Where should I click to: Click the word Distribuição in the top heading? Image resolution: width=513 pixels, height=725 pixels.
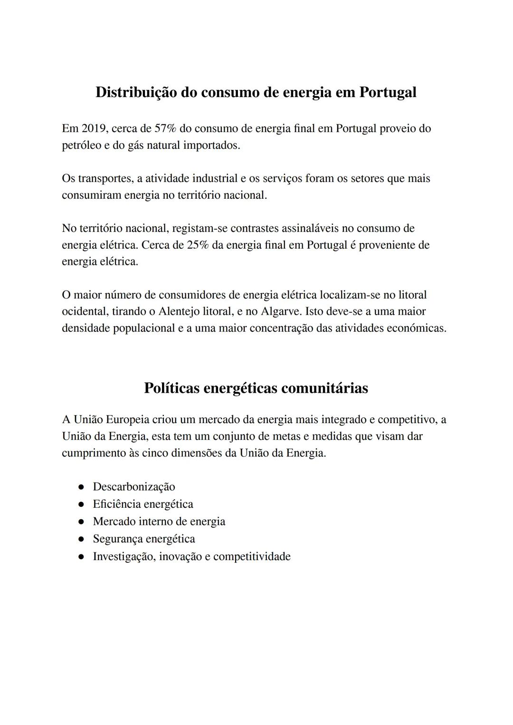click(x=136, y=92)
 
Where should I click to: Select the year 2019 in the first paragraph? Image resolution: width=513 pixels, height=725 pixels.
click(x=95, y=128)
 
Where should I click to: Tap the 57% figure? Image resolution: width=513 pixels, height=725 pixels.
click(x=166, y=128)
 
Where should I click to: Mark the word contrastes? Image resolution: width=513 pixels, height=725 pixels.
click(x=256, y=228)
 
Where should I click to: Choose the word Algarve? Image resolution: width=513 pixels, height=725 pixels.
click(x=281, y=311)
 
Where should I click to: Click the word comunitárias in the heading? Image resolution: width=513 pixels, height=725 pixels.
click(x=324, y=388)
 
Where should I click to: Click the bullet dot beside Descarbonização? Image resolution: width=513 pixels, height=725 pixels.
click(x=81, y=487)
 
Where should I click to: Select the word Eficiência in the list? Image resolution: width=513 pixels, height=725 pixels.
click(x=116, y=504)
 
